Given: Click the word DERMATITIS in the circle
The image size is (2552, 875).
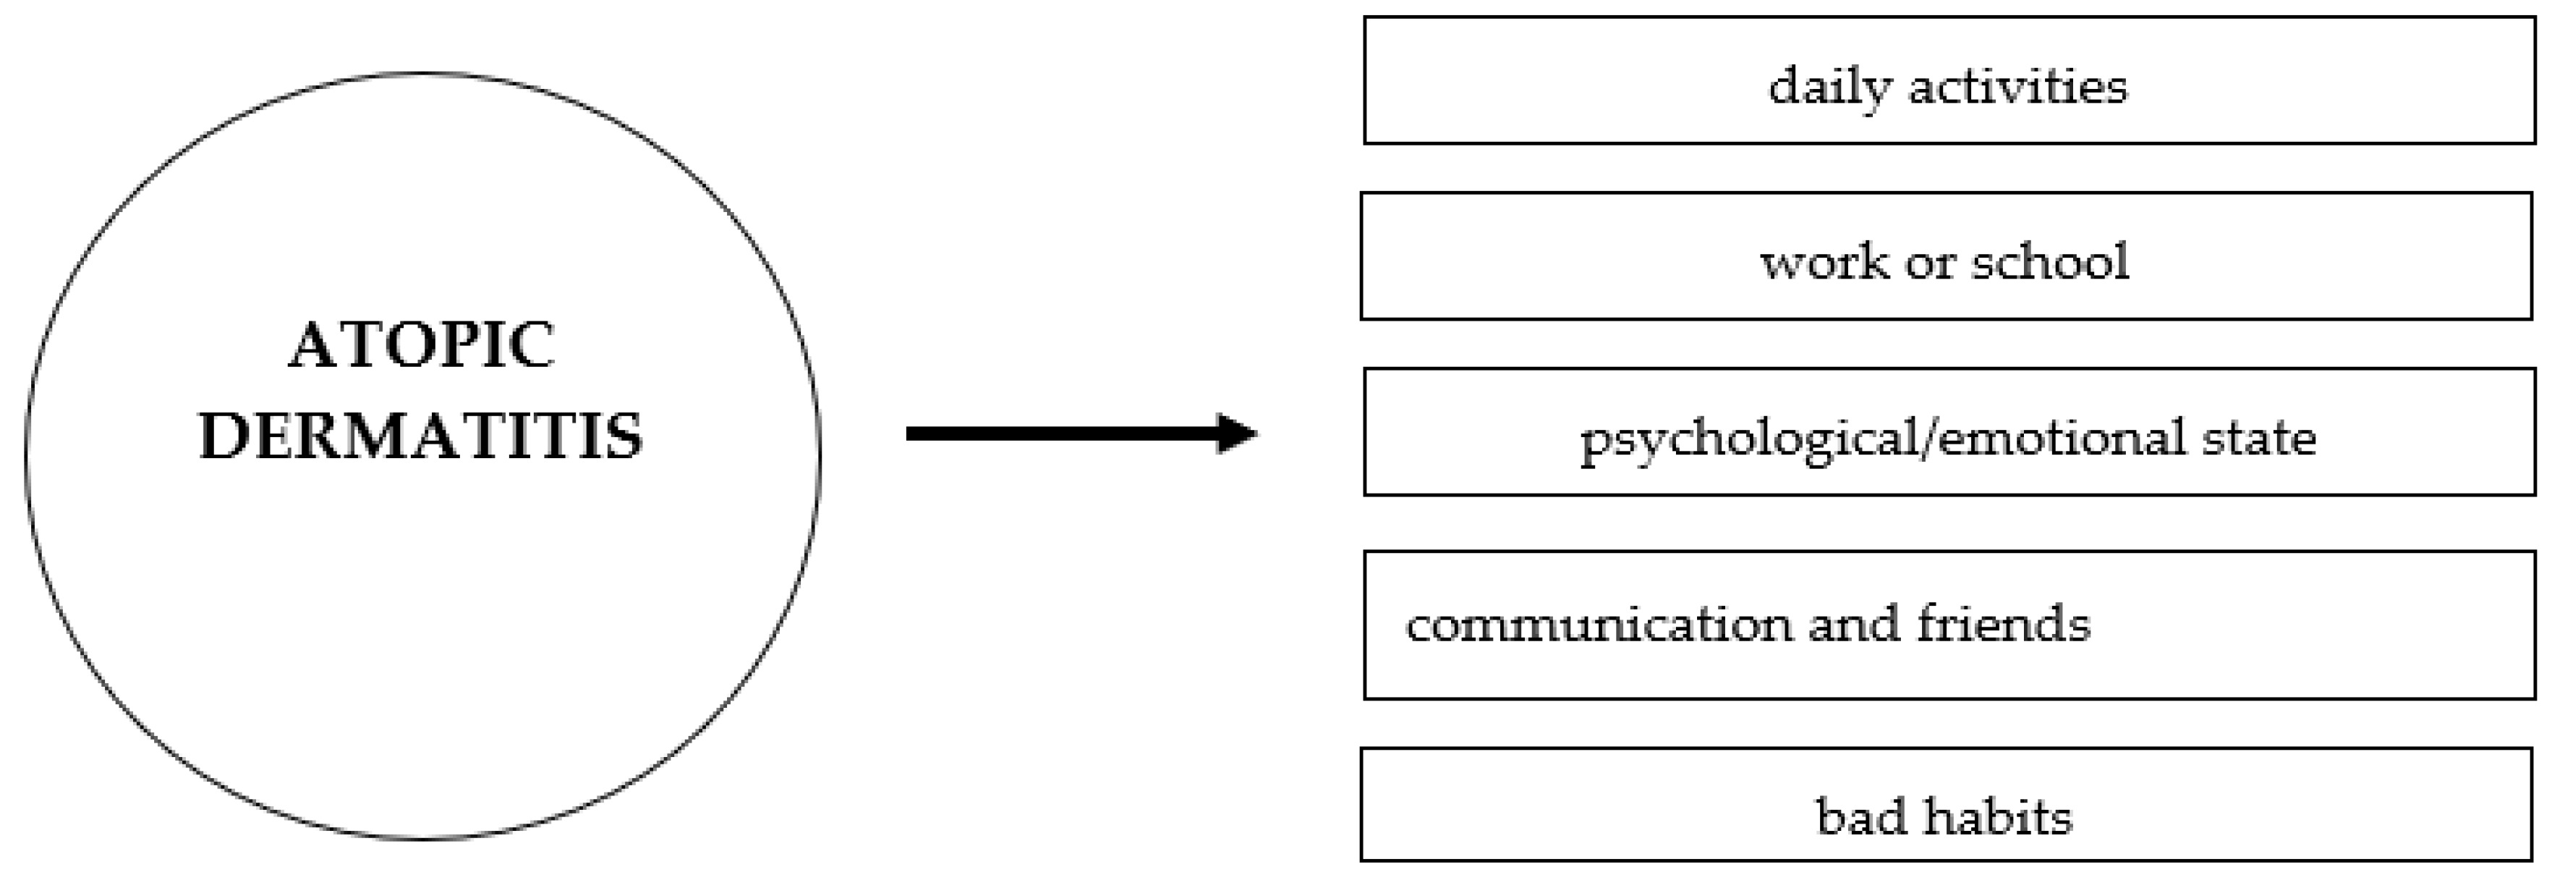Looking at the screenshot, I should pos(421,436).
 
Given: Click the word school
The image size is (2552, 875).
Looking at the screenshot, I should pos(2050,261).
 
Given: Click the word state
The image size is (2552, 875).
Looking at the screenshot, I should pos(2259,437).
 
